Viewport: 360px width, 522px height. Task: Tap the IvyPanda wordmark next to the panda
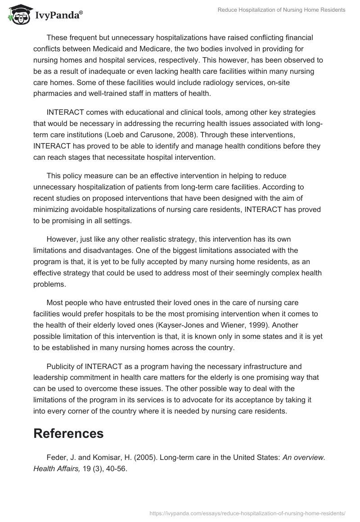point(59,15)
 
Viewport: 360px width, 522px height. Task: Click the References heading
point(68,433)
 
